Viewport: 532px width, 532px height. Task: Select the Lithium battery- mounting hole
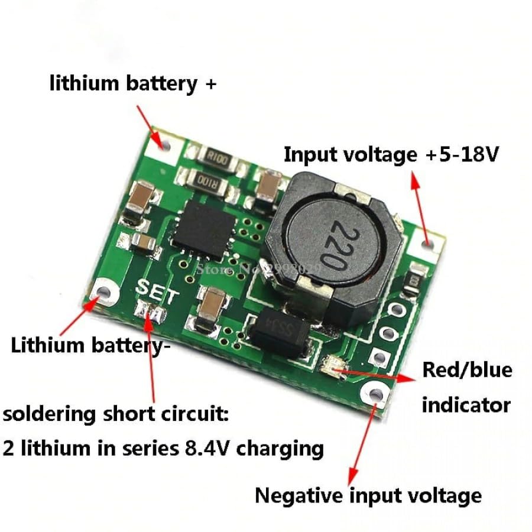coord(105,293)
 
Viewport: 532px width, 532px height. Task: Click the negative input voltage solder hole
coord(374,392)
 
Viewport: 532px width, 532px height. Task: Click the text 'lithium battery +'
coord(132,83)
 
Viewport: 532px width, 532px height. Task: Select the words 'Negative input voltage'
coord(368,495)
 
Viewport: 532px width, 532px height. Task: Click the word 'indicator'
coord(466,405)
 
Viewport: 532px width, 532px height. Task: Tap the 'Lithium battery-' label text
coord(90,345)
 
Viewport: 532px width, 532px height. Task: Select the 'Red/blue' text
coord(466,370)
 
